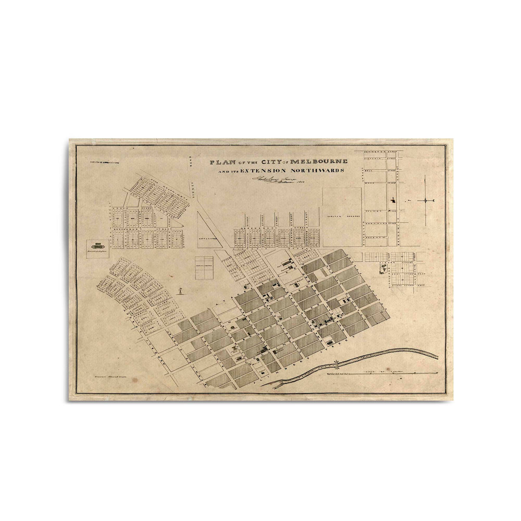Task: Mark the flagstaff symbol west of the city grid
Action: click(181, 290)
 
